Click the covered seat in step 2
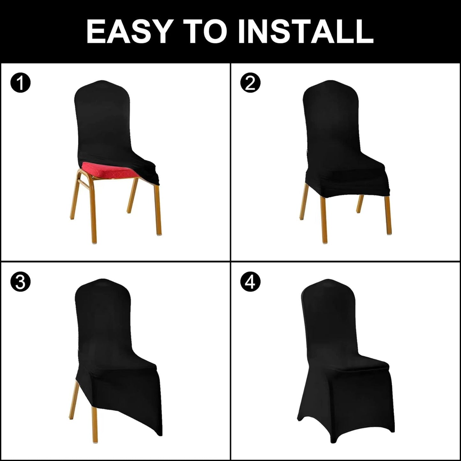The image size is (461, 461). (345, 175)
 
